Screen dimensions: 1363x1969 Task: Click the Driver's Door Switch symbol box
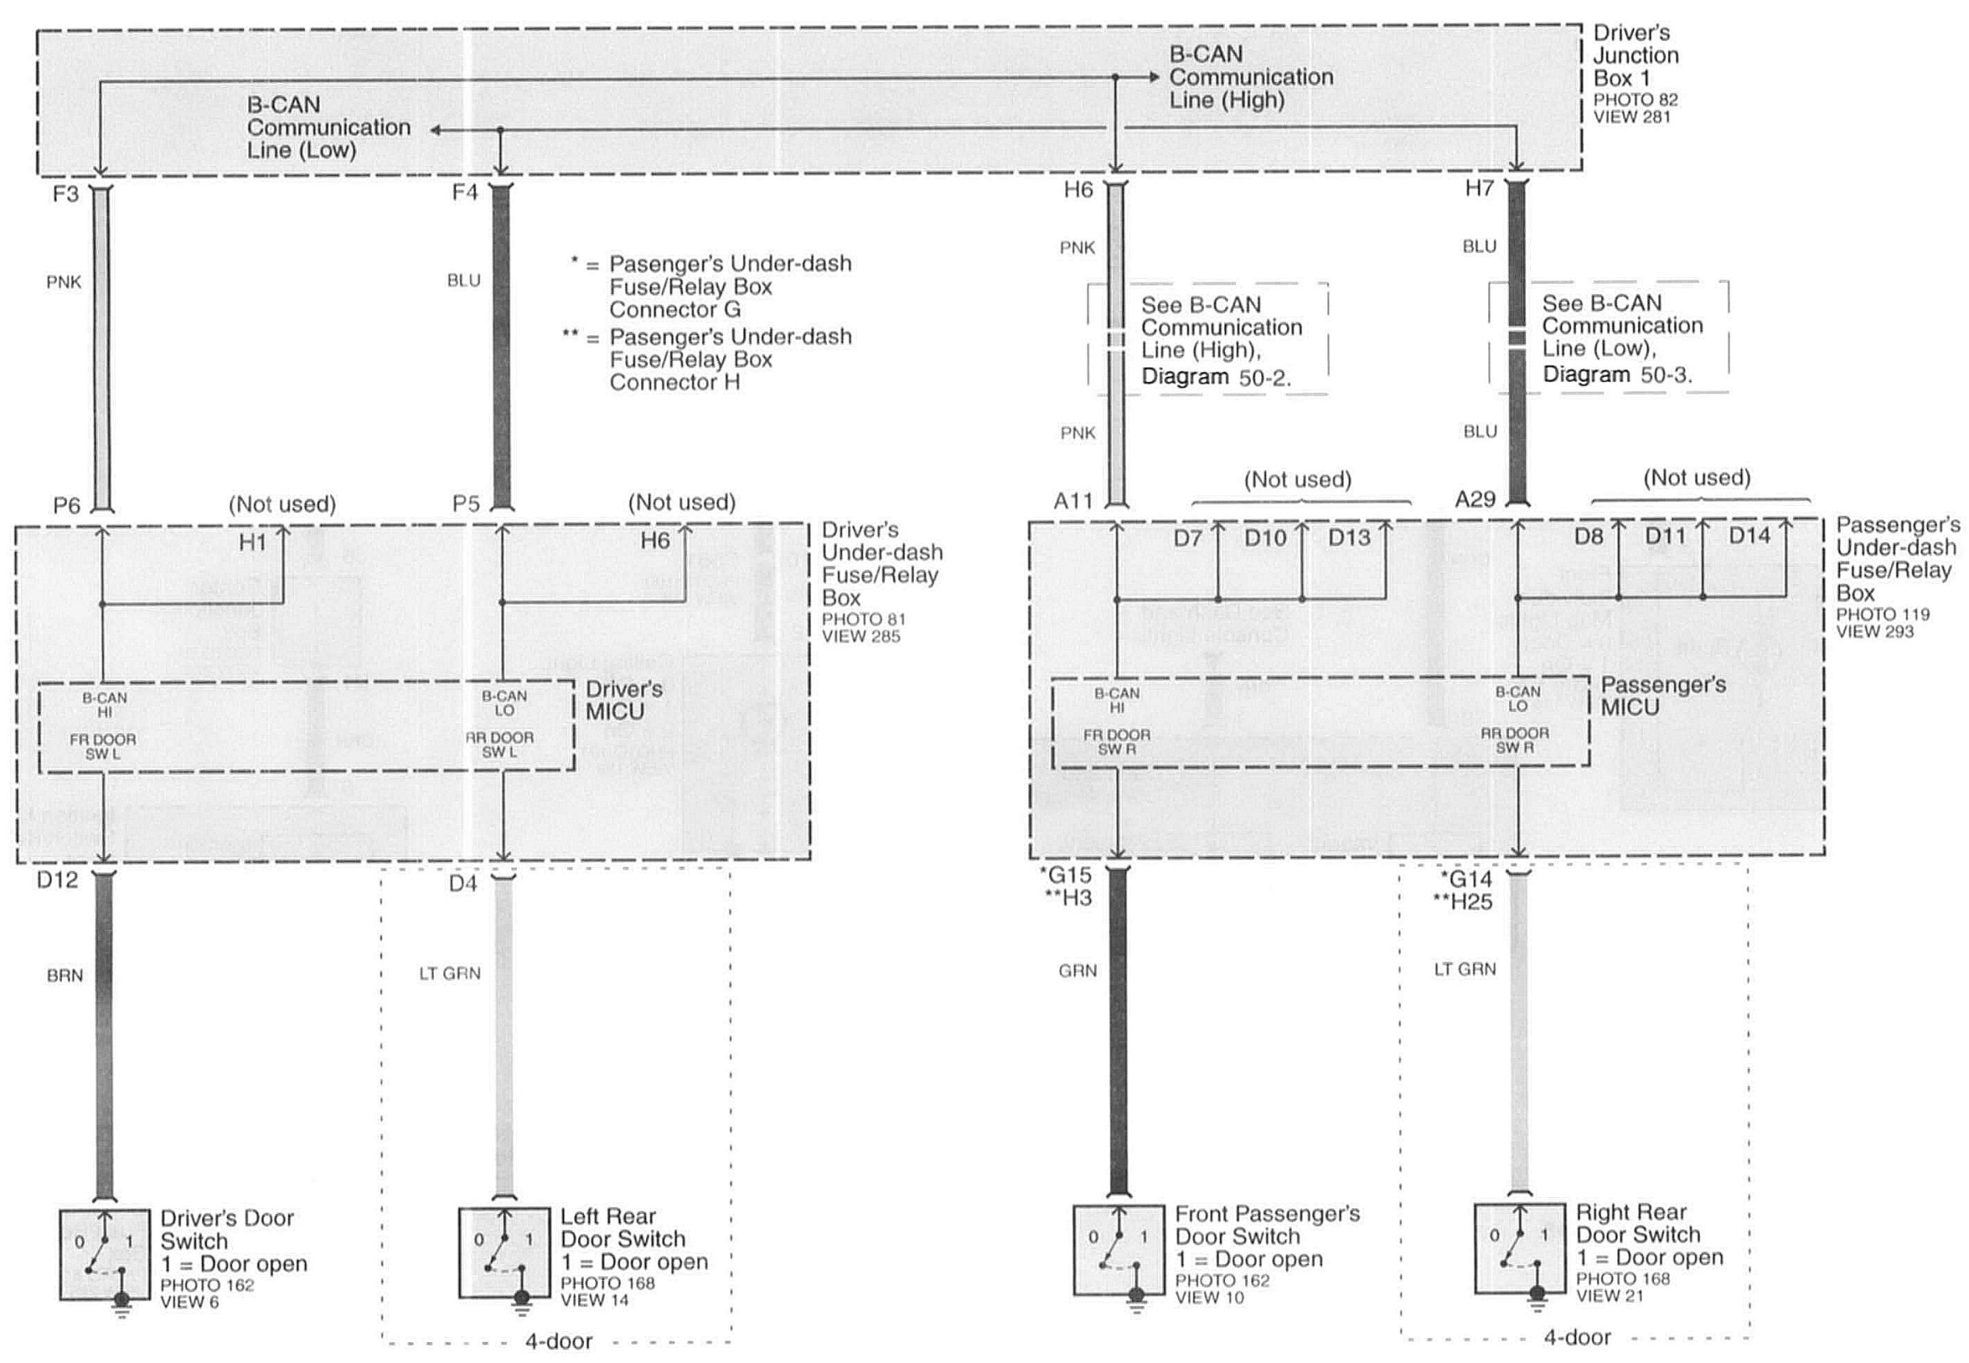click(103, 1253)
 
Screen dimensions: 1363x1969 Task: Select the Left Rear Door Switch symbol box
click(504, 1252)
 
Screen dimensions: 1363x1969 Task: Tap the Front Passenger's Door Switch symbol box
click(1118, 1249)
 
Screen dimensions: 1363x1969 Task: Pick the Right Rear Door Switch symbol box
click(1519, 1248)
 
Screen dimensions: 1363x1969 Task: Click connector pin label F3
click(66, 194)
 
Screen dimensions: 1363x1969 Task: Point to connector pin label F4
click(465, 193)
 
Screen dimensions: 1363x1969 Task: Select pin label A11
click(1073, 500)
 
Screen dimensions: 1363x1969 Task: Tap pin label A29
click(1475, 499)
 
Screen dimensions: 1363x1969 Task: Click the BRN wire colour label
click(65, 976)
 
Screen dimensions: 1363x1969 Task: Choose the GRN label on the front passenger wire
click(1078, 970)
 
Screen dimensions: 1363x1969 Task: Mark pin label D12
click(57, 880)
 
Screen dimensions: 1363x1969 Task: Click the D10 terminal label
click(1265, 538)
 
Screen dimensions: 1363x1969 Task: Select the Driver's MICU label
click(623, 700)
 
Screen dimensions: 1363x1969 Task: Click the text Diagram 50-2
click(1216, 377)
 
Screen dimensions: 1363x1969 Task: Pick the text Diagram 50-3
click(1617, 374)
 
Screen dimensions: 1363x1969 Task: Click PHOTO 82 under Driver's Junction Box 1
click(1635, 100)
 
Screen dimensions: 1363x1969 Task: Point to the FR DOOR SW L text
click(103, 747)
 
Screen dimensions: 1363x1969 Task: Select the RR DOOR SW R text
click(1515, 740)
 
